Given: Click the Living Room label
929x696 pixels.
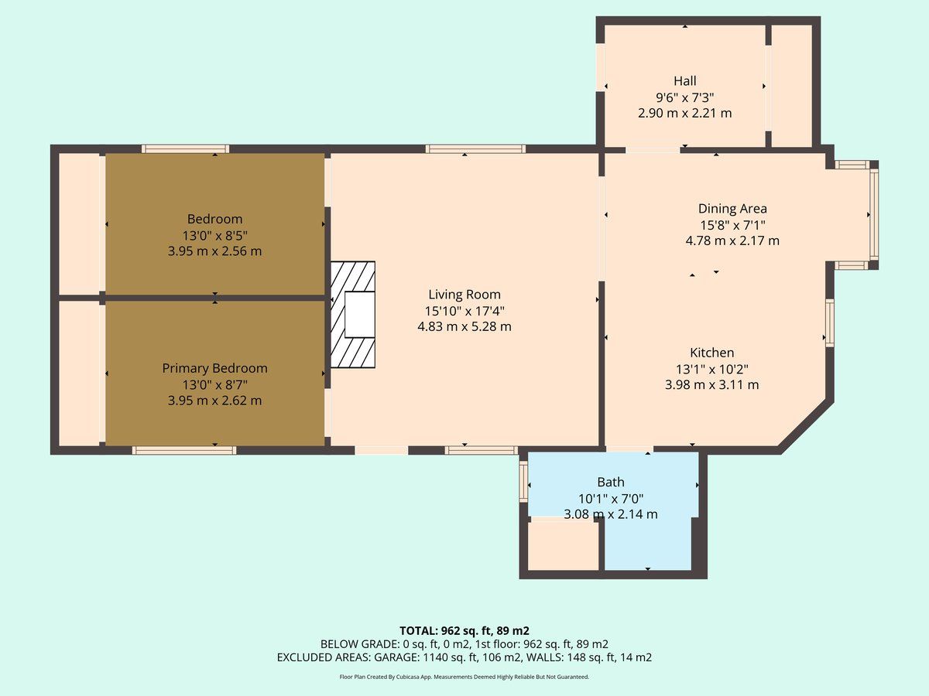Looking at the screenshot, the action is point(464,294).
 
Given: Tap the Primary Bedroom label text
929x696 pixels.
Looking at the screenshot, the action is point(214,369).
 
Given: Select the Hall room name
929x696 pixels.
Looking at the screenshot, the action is point(685,80).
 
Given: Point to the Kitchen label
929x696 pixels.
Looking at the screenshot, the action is point(712,353).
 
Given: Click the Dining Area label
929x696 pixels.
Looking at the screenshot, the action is point(732,209).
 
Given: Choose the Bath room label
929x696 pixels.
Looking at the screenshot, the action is point(611,482).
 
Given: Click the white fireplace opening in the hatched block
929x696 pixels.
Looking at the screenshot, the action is point(360,315).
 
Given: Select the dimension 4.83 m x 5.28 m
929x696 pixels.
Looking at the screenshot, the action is point(464,326).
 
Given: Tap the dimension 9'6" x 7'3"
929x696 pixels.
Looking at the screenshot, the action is point(685,97).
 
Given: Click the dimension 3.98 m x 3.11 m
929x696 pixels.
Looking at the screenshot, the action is point(712,385).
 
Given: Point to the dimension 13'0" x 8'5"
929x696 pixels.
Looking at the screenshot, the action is point(214,235).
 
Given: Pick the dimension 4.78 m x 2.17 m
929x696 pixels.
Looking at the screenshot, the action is point(732,241).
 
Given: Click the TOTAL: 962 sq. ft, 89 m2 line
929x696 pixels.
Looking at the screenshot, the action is point(464,631).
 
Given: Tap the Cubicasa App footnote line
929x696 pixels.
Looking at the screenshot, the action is point(464,677).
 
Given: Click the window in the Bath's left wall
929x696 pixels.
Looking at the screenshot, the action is point(524,481).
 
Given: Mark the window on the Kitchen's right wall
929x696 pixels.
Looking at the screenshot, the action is point(830,322).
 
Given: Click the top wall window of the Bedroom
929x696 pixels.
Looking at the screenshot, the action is point(185,148).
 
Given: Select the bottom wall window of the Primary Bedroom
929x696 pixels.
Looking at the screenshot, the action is point(184,451).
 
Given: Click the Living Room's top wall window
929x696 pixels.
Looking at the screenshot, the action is point(475,148).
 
